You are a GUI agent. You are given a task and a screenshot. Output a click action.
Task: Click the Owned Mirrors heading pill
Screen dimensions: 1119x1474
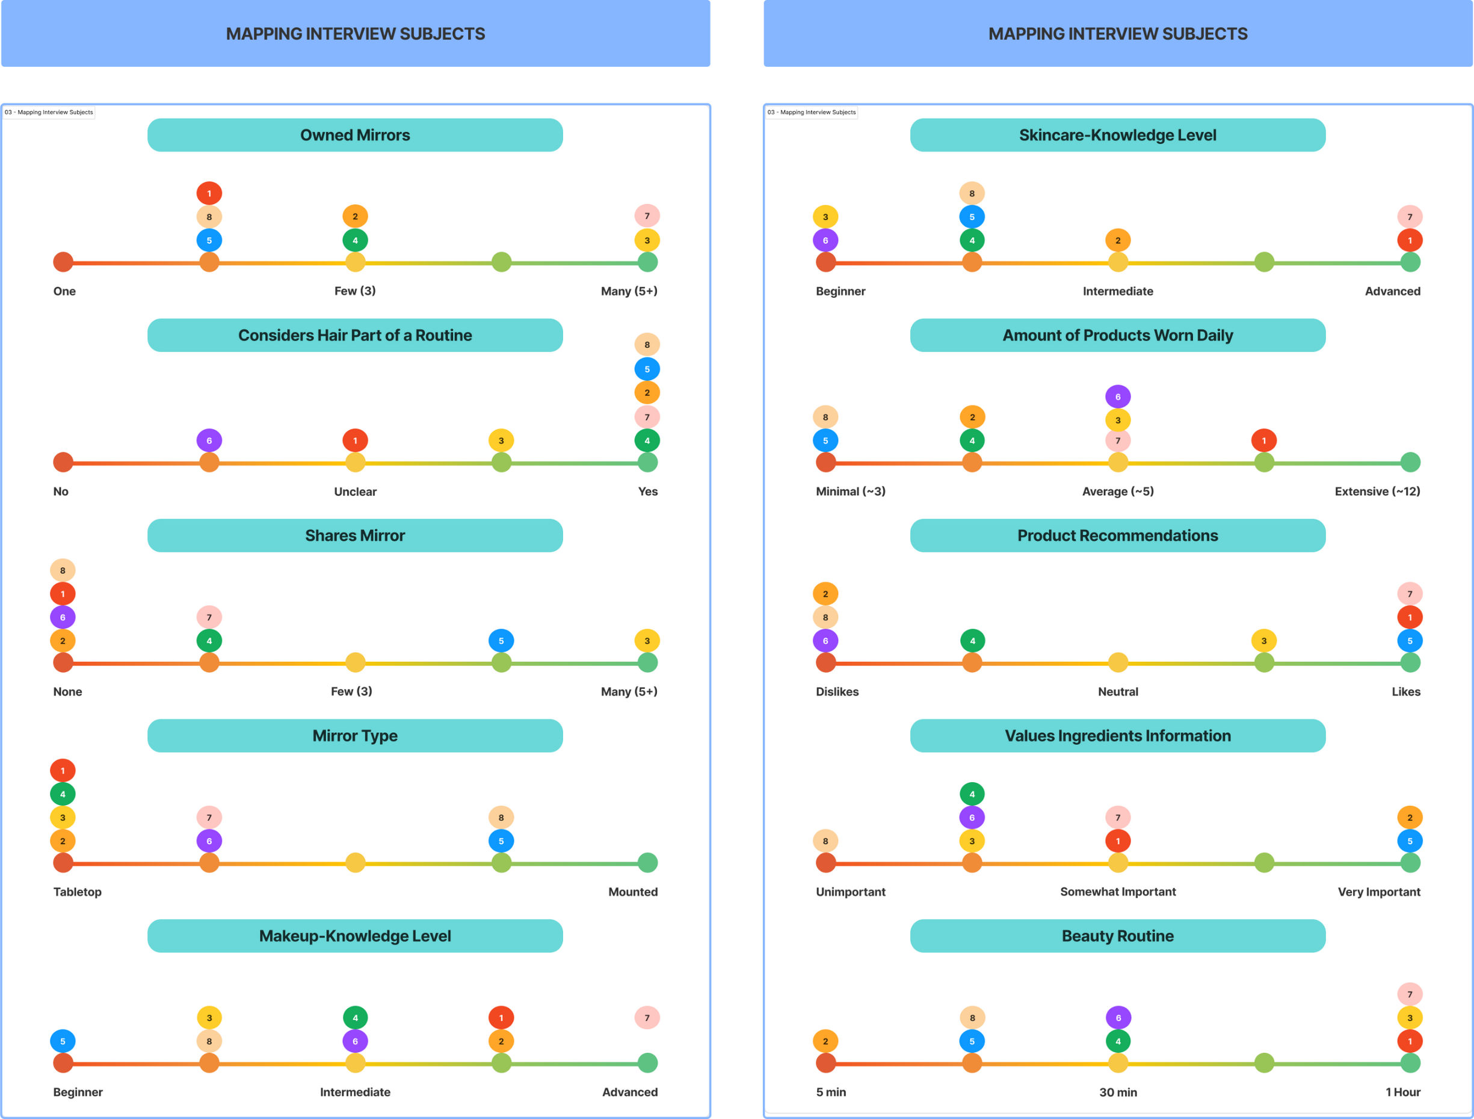pos(354,135)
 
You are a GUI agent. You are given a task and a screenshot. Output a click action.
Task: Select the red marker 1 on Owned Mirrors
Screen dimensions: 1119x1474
pos(209,193)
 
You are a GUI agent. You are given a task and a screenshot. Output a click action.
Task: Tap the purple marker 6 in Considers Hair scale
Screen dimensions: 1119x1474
pos(209,440)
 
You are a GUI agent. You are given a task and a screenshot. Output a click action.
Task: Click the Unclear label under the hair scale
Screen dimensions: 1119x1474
pos(354,492)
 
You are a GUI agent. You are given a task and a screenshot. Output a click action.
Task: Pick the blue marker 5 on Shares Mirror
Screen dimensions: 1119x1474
pos(501,641)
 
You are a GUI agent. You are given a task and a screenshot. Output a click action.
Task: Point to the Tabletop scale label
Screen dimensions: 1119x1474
pos(77,892)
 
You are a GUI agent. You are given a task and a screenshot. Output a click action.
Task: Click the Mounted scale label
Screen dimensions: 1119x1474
pos(632,892)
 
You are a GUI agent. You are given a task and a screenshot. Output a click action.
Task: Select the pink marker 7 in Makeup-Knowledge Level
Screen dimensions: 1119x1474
pos(647,1018)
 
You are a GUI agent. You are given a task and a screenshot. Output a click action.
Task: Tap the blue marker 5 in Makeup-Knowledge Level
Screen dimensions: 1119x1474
pos(63,1041)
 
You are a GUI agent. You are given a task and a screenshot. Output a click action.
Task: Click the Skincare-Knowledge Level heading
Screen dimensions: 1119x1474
pos(1117,135)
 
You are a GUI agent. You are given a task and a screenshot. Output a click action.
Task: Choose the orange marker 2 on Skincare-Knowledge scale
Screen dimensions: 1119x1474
pos(1117,241)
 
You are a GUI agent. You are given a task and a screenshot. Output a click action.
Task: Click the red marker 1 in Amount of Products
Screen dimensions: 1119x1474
pos(1263,440)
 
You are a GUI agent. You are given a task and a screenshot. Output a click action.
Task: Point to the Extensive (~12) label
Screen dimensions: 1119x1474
pos(1377,492)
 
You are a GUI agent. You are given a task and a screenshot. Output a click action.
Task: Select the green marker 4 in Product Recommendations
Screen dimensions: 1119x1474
pos(972,641)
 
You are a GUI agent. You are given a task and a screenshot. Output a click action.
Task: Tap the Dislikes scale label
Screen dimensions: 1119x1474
pos(837,692)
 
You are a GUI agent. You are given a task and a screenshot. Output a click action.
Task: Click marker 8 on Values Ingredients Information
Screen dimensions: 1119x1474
pos(825,841)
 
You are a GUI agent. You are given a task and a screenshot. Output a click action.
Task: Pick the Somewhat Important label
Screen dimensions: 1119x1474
pos(1117,892)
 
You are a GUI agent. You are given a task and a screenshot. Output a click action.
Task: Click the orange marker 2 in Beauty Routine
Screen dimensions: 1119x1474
pos(825,1041)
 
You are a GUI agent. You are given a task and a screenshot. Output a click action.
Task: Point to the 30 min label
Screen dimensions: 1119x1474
pos(1117,1093)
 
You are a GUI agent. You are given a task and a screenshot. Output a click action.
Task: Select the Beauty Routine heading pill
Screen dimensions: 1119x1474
pos(1117,936)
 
